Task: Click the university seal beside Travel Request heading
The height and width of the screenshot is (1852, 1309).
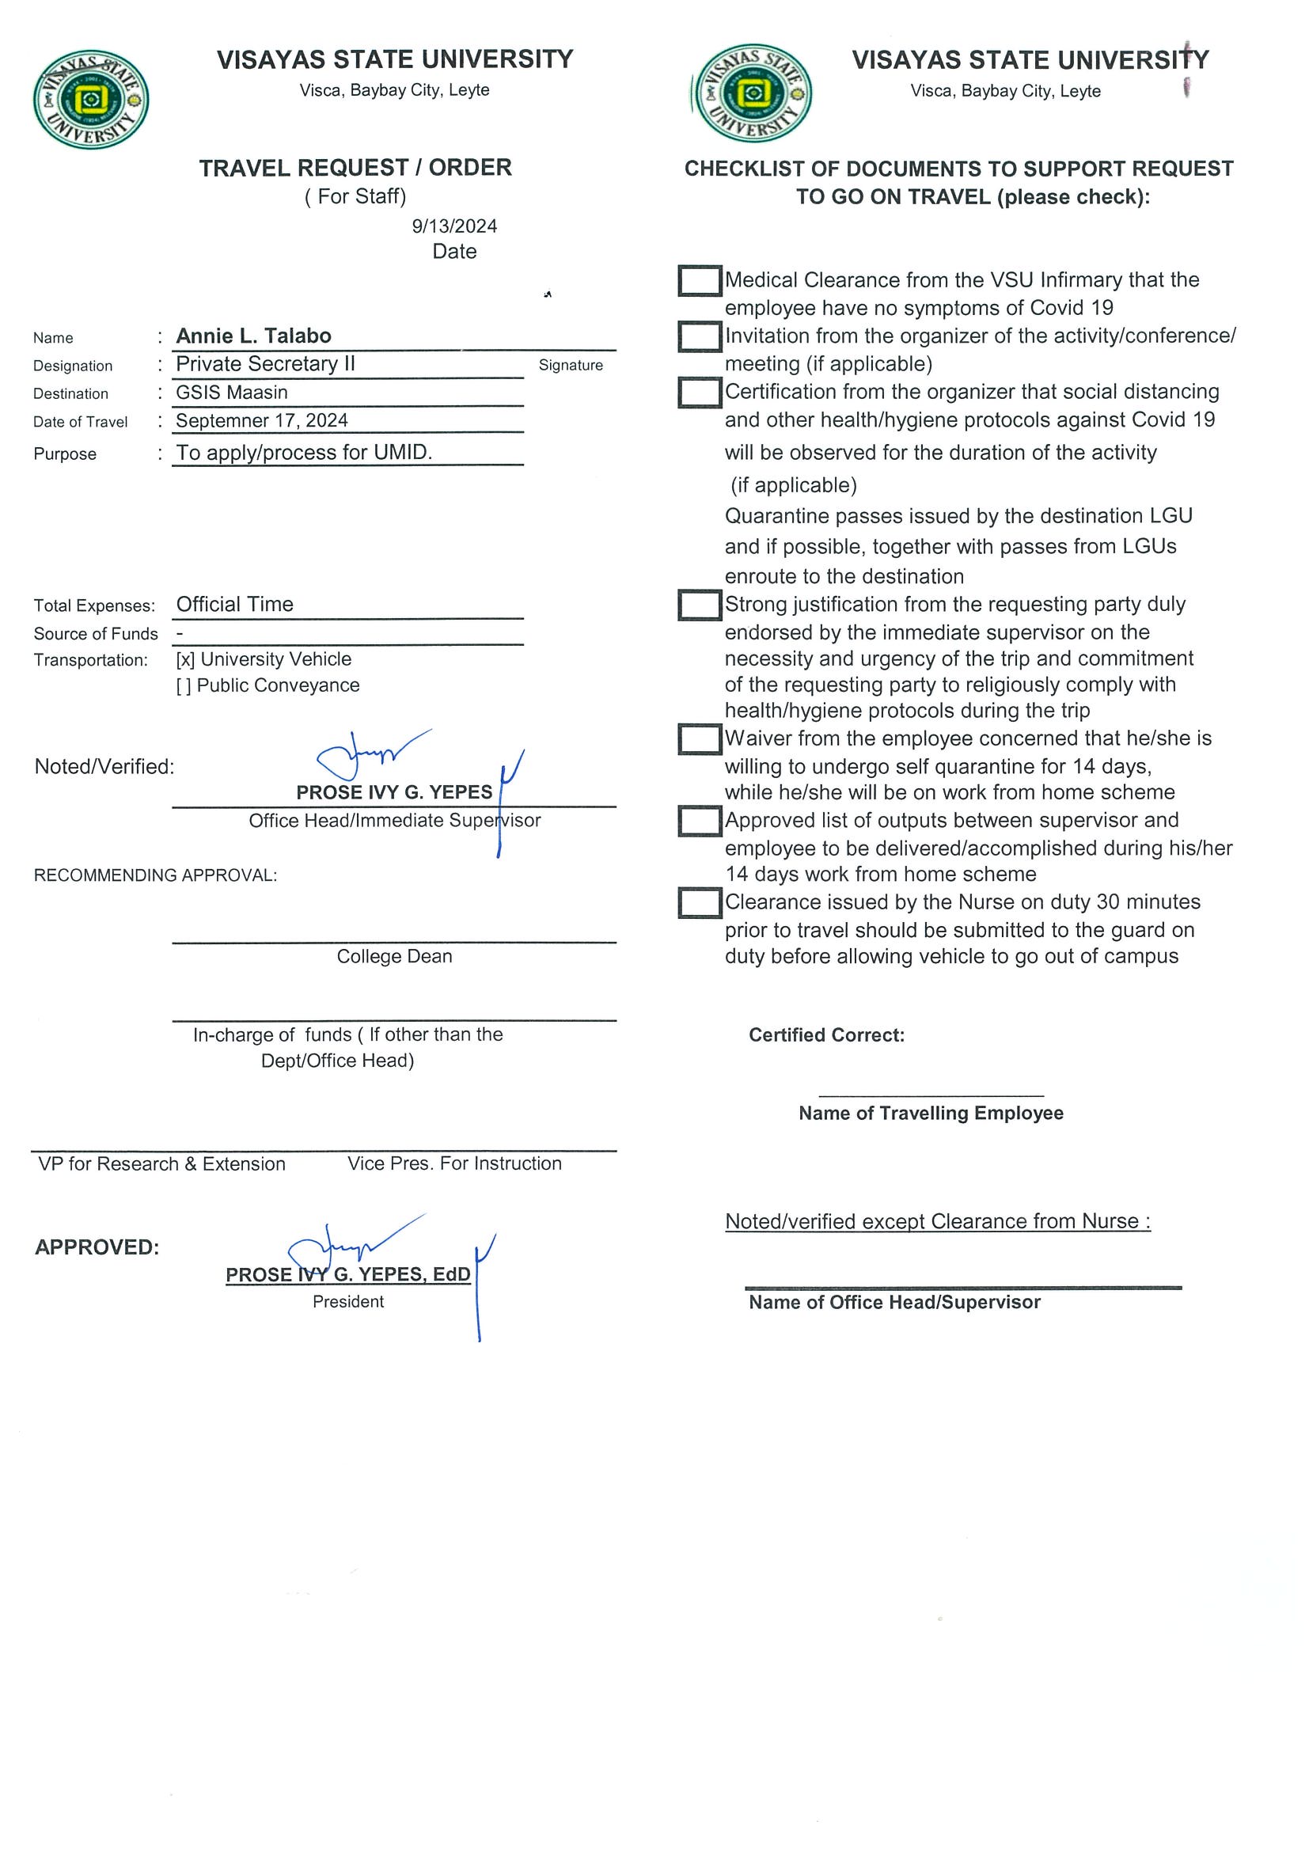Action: (x=90, y=99)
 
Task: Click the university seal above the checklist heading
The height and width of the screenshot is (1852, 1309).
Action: (x=753, y=93)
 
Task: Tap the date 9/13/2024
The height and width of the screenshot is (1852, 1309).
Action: (x=454, y=226)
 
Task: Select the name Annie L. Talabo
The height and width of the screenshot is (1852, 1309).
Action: (x=253, y=336)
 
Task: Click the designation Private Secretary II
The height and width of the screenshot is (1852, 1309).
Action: (x=265, y=365)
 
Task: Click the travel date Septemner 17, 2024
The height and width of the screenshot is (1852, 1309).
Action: (x=261, y=421)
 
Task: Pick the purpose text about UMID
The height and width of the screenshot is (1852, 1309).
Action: (x=304, y=453)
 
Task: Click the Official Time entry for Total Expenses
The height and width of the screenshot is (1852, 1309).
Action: (x=235, y=605)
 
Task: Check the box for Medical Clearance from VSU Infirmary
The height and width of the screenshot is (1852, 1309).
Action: (x=700, y=281)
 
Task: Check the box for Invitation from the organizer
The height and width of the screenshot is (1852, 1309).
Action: (x=700, y=336)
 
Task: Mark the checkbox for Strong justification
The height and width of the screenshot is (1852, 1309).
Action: (x=700, y=605)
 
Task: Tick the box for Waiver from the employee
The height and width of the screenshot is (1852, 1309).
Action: (x=700, y=739)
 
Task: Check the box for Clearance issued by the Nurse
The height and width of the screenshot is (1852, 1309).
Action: (x=700, y=902)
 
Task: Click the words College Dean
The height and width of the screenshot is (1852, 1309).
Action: (x=394, y=957)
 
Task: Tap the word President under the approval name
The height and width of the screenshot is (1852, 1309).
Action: (x=348, y=1302)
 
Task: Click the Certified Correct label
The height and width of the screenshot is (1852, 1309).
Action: (x=827, y=1036)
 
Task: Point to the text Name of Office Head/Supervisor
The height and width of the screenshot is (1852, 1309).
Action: (x=894, y=1303)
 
